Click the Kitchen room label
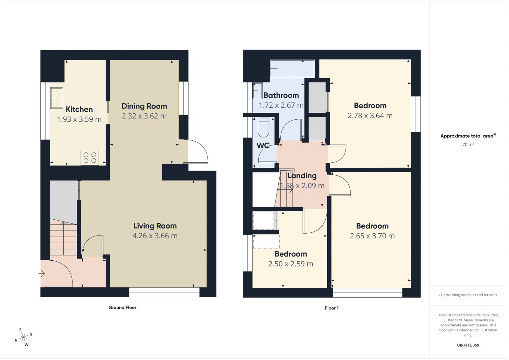pos(79,109)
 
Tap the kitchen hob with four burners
pos(90,158)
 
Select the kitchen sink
pos(57,98)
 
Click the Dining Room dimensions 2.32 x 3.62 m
pos(144,116)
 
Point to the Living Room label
pos(155,226)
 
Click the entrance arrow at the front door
pos(42,273)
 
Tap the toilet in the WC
pos(263,127)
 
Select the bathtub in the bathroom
pos(292,68)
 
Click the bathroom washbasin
pos(257,91)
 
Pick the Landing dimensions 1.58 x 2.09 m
pos(302,186)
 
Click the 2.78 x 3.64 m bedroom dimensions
pos(370,116)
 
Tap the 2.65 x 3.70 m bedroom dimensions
pos(372,236)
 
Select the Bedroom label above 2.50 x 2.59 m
pos(291,254)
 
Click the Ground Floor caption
pos(122,307)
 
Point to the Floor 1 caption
pos(331,308)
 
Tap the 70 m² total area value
pos(468,145)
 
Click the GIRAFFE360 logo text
pos(468,345)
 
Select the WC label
pos(263,145)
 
